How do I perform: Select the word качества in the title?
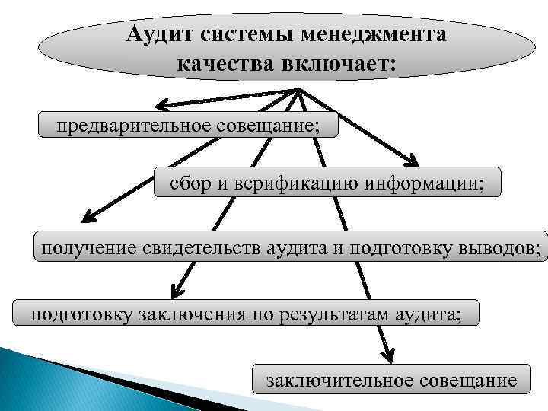[x=219, y=62]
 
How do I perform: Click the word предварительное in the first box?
[x=126, y=125]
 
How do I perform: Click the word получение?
[x=90, y=247]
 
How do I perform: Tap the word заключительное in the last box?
[x=339, y=378]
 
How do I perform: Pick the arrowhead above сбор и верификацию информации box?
[x=412, y=161]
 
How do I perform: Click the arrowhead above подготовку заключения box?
[x=177, y=290]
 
